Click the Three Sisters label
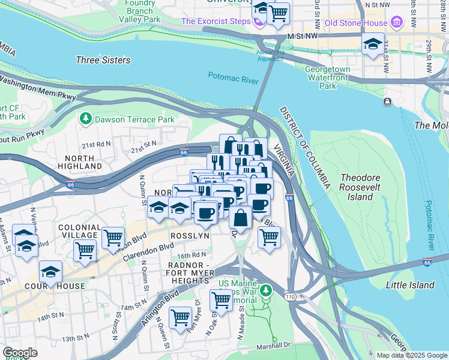[x=103, y=60]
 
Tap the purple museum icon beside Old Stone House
[x=396, y=23]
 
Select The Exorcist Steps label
[x=215, y=22]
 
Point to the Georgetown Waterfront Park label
[x=328, y=77]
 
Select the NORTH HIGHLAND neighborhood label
[x=80, y=161]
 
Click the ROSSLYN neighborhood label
[x=190, y=236]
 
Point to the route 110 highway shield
[x=289, y=296]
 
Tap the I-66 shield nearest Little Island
[x=427, y=262]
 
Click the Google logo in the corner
[x=20, y=353]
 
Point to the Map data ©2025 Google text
[x=411, y=355]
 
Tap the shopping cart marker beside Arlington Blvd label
[x=181, y=318]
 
